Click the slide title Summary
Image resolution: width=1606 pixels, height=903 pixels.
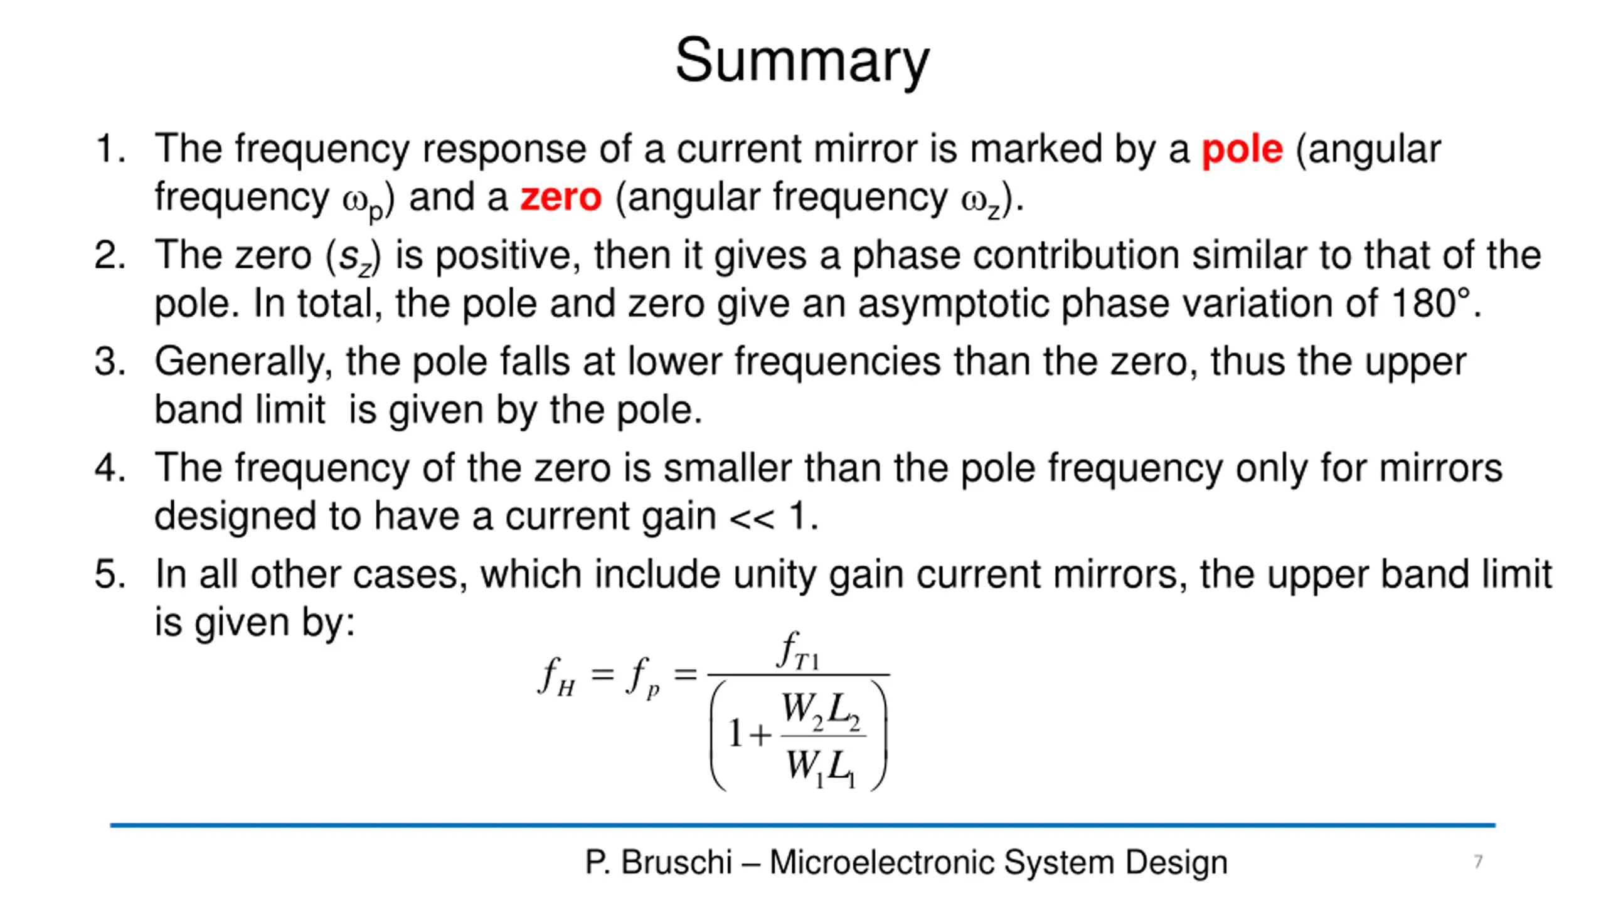(802, 61)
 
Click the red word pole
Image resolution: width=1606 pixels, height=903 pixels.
(1242, 150)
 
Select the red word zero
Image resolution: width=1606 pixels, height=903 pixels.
(560, 198)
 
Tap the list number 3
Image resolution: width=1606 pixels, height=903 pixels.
(109, 362)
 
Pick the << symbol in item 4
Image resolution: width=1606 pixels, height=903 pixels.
(752, 517)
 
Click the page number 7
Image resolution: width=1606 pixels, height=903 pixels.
(1478, 862)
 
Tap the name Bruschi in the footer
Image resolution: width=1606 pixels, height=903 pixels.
(676, 862)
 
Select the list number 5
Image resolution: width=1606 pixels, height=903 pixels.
(109, 574)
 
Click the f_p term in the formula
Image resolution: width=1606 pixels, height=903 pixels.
(642, 676)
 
